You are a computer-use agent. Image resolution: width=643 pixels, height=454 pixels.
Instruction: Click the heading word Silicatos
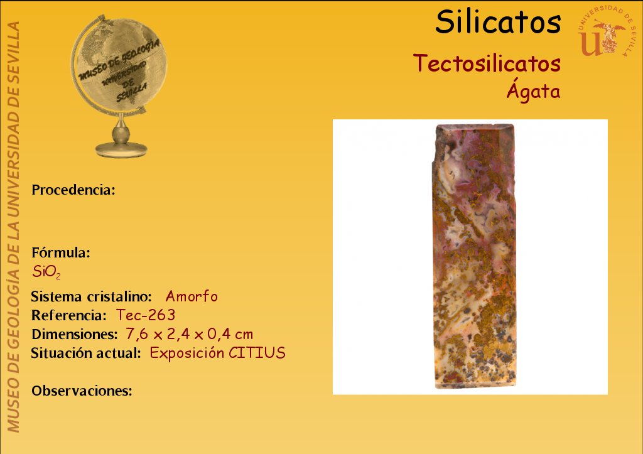tap(498, 22)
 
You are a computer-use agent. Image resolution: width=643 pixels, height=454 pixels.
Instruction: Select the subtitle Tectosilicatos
tap(487, 63)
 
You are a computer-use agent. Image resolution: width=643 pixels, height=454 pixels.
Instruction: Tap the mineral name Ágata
tap(534, 90)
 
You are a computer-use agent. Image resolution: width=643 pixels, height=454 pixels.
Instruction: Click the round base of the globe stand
tap(121, 149)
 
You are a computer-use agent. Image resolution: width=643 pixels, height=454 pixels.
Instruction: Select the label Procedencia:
tap(73, 190)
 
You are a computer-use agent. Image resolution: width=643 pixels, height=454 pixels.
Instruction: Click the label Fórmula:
tap(61, 252)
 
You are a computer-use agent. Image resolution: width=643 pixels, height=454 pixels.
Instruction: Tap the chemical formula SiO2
tap(46, 271)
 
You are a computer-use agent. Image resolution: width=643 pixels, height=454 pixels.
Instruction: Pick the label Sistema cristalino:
tap(92, 296)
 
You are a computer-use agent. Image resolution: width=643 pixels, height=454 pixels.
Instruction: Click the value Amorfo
tap(192, 296)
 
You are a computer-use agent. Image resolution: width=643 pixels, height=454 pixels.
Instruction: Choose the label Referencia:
tap(69, 315)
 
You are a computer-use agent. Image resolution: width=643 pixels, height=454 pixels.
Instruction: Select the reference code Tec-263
tap(146, 315)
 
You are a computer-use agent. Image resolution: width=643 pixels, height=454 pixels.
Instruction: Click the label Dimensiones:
tap(75, 334)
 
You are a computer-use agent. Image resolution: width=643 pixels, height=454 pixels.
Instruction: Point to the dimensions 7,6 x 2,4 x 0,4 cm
tap(189, 334)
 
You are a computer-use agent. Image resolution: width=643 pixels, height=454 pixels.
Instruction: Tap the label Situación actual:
tap(86, 353)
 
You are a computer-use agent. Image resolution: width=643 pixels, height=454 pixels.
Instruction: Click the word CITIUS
tap(257, 353)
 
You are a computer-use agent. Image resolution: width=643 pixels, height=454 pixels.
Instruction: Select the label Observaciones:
tap(82, 391)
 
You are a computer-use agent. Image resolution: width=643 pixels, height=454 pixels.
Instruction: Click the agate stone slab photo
tap(475, 256)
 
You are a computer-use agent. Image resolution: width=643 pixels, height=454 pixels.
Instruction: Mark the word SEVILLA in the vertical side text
tap(13, 48)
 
